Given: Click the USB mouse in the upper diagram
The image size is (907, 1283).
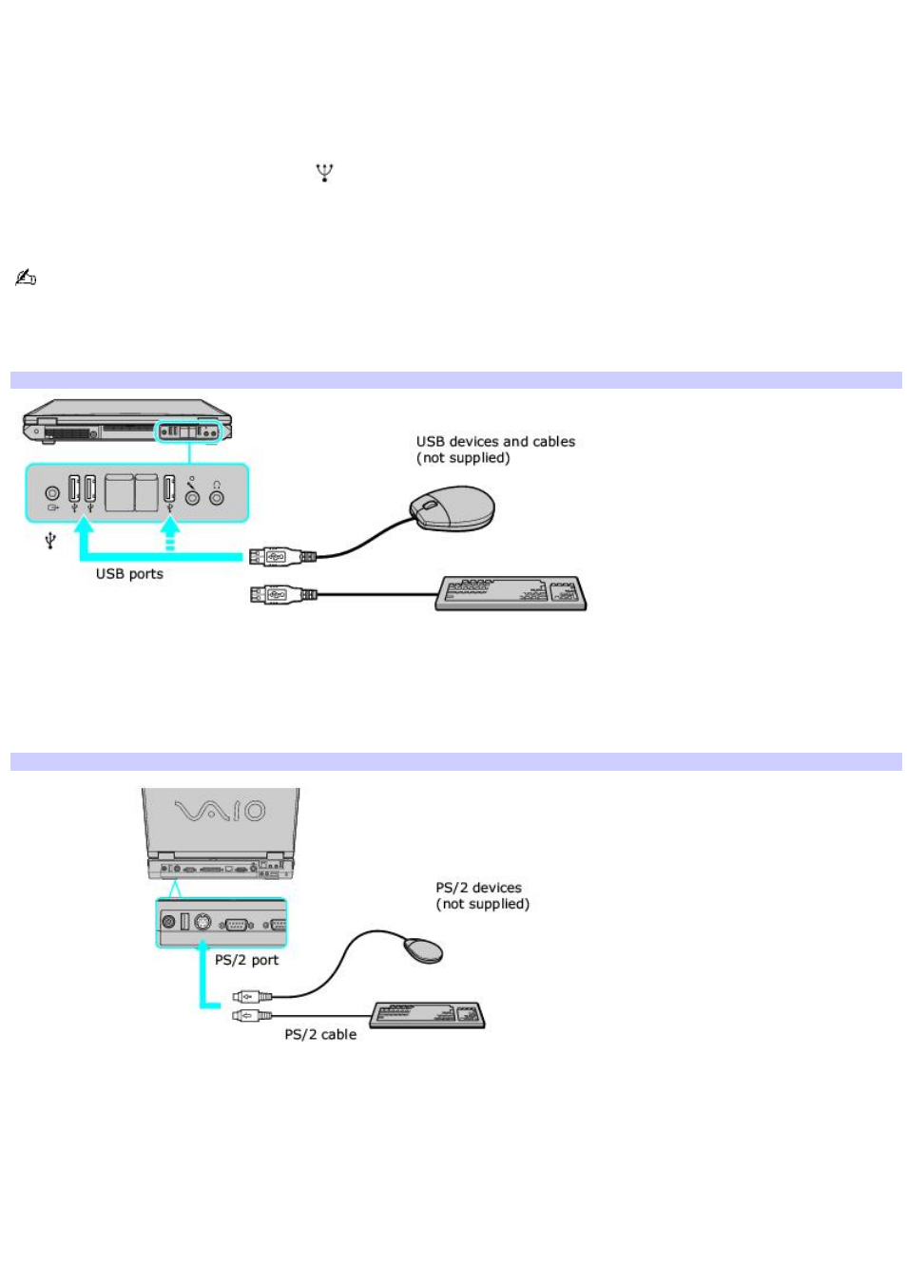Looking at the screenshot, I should (453, 508).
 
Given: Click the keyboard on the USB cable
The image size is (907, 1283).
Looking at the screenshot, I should (511, 593).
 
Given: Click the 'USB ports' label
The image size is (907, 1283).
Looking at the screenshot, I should (129, 574).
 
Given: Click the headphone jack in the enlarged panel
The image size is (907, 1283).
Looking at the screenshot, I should (217, 495).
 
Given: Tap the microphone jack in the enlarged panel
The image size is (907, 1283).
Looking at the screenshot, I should (193, 495).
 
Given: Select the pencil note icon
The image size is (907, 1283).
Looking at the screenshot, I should (26, 278).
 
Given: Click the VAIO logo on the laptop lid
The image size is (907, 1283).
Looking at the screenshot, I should (220, 811).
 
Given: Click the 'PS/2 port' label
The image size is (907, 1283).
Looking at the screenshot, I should (246, 960).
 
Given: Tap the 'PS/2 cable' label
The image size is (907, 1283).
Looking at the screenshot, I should (320, 1034).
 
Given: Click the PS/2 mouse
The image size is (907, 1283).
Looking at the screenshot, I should (423, 949).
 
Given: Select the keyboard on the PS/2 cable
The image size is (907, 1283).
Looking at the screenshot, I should (428, 1015).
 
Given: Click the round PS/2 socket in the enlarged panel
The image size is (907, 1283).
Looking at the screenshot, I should (203, 922).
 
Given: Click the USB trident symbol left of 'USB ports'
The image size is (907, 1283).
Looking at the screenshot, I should (50, 541).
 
